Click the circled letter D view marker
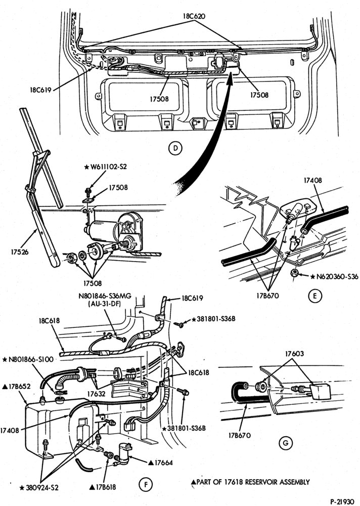tap(175, 148)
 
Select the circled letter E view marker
tap(315, 296)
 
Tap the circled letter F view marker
tap(146, 484)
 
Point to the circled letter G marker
tap(286, 443)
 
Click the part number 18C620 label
tap(194, 16)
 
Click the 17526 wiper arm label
tap(20, 252)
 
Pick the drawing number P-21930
tap(344, 501)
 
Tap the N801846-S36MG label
tap(105, 296)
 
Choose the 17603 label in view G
tap(294, 354)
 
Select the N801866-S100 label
tap(28, 359)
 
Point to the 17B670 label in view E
tap(267, 296)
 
